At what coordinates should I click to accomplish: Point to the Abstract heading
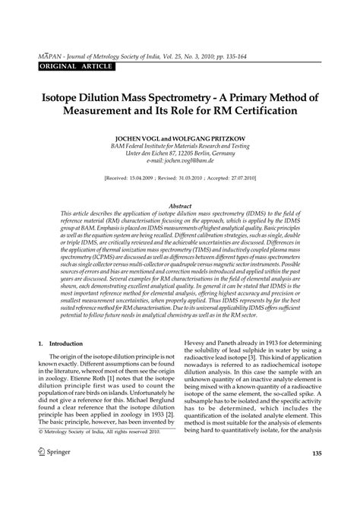[x=180, y=206]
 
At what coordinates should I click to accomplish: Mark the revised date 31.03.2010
[x=197, y=179]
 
